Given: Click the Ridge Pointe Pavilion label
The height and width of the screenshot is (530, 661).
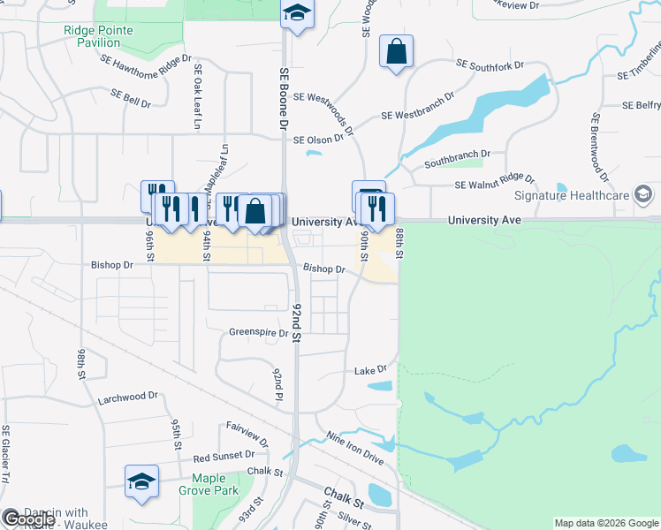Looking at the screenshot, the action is (98, 36).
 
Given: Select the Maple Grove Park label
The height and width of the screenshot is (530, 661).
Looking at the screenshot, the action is (209, 484).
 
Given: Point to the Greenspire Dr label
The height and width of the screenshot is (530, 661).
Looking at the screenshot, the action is (259, 333).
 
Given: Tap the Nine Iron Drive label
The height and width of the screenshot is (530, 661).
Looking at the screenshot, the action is (354, 448).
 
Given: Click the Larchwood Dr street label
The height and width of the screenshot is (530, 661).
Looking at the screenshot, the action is (127, 397).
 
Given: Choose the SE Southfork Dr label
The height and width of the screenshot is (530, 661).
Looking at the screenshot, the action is (490, 64).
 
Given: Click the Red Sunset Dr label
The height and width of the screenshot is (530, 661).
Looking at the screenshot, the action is (224, 457).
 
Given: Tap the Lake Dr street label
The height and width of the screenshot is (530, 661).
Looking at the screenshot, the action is (370, 369).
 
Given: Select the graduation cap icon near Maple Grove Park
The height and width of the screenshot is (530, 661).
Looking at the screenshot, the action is (141, 481).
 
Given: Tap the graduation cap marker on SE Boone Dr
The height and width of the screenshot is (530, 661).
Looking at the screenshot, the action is (298, 13).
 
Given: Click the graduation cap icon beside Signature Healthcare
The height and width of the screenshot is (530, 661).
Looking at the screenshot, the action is (643, 194).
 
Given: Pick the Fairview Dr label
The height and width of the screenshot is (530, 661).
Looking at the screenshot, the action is (246, 430).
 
